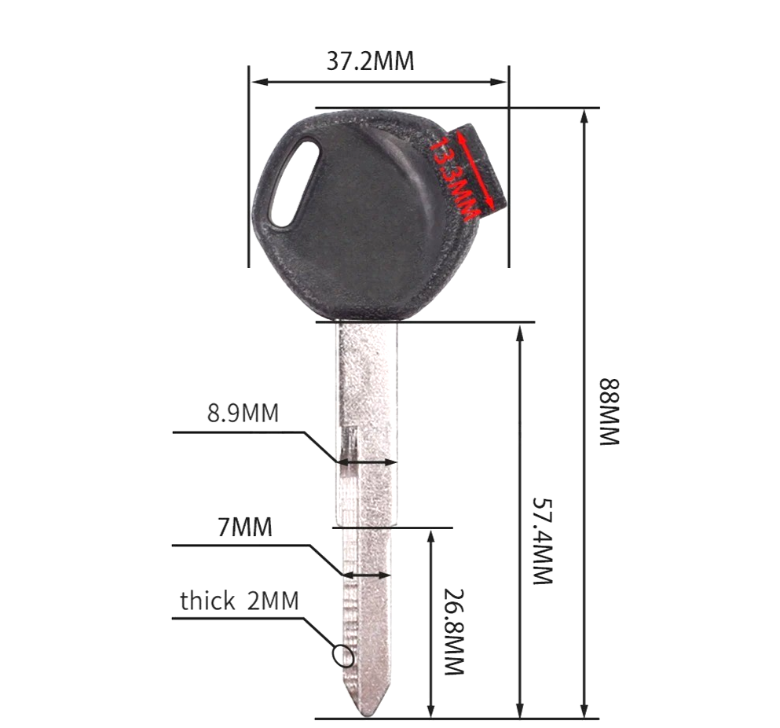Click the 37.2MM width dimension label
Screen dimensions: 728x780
click(370, 61)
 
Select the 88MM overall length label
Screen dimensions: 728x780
click(610, 412)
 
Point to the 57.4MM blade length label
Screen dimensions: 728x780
click(543, 539)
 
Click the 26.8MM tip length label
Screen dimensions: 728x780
click(454, 632)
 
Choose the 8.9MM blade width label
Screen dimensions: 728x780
click(243, 414)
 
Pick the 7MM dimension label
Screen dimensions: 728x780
click(245, 527)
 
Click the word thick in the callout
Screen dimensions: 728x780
click(207, 601)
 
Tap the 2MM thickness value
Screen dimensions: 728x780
click(273, 601)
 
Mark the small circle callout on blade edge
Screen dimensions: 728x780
click(342, 654)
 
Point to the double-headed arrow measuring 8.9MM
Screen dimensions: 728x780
click(367, 462)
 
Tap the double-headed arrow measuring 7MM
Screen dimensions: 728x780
click(366, 575)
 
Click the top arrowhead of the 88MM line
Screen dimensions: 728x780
click(584, 116)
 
